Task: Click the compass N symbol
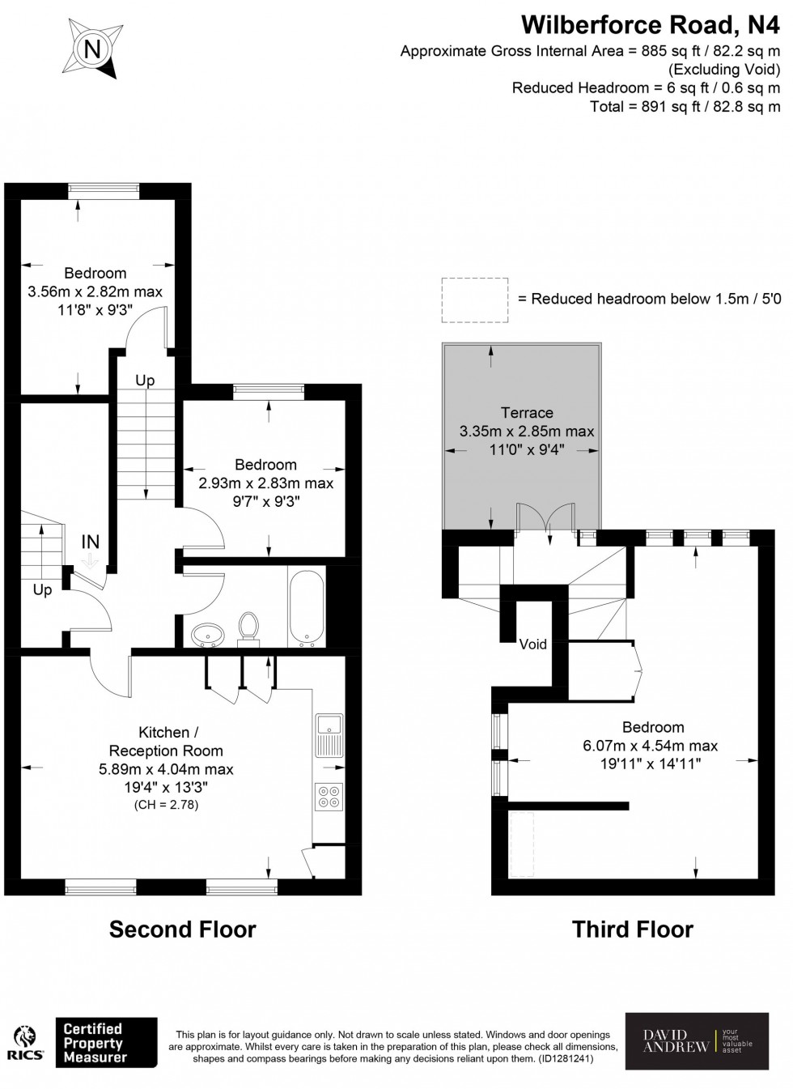(92, 49)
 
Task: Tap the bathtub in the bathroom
(306, 606)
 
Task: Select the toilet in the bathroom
(248, 628)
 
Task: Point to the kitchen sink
(329, 734)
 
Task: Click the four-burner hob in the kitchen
(329, 797)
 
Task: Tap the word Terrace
(527, 413)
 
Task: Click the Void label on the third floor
(533, 644)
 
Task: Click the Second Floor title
(183, 929)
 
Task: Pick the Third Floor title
(633, 929)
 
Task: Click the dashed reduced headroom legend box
(475, 299)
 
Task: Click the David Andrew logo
(697, 1040)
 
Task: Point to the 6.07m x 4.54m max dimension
(651, 746)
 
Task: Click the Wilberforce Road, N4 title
(651, 26)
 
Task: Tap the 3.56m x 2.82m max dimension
(95, 291)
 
